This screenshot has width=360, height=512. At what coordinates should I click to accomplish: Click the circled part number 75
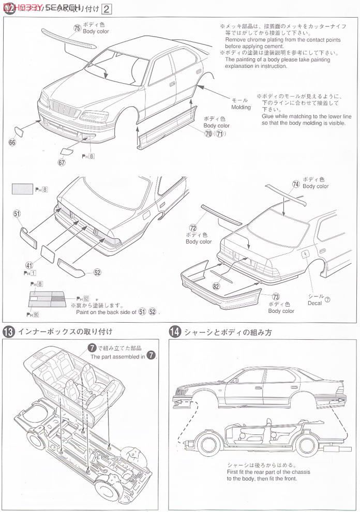click(x=77, y=28)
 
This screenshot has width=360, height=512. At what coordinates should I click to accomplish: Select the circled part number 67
click(x=62, y=161)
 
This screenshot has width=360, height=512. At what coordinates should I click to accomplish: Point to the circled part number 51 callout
click(x=17, y=213)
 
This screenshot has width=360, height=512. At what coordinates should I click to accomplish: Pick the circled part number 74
click(x=295, y=184)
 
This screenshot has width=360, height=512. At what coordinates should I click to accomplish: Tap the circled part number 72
click(x=193, y=228)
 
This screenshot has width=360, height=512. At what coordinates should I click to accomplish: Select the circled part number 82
click(x=215, y=284)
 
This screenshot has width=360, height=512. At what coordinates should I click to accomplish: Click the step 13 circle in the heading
click(x=9, y=332)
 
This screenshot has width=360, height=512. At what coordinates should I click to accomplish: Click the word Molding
click(x=241, y=107)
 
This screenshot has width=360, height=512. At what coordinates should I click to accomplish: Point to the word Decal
click(x=314, y=303)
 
